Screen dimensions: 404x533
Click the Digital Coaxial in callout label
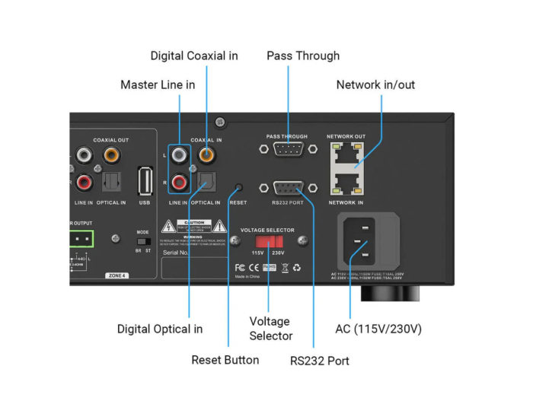pos(194,56)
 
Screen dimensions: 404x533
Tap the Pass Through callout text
pos(302,56)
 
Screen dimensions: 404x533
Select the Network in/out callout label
pos(375,84)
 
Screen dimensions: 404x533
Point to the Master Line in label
pos(158,84)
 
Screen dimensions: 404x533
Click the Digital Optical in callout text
pos(159,329)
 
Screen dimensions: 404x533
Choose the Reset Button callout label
pos(225,359)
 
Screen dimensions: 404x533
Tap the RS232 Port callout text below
pos(320,360)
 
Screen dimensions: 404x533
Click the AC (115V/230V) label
pos(378,329)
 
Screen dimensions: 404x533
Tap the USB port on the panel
pos(145,181)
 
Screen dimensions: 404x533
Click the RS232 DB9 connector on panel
pos(289,187)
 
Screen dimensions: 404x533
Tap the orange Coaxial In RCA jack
pos(206,154)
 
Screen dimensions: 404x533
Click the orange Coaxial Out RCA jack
pos(111,155)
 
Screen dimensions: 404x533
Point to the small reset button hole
pos(239,186)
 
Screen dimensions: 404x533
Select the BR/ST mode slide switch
pos(142,240)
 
